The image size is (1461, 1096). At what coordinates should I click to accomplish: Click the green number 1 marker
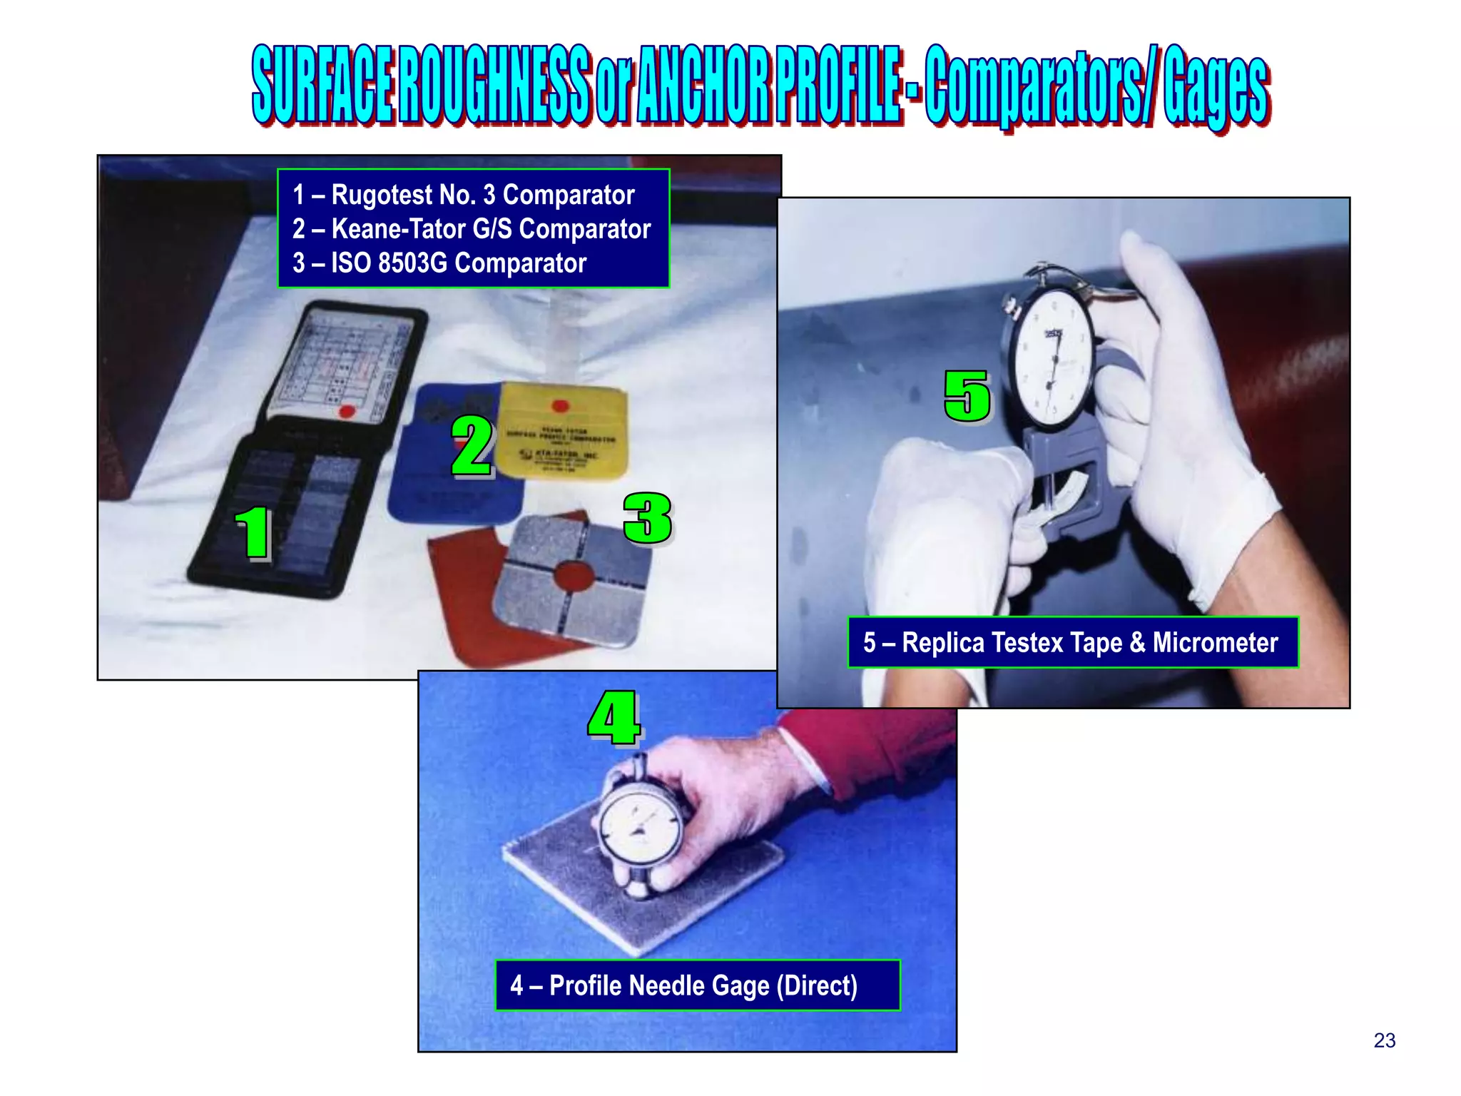[253, 533]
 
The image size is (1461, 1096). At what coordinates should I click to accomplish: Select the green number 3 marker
[647, 518]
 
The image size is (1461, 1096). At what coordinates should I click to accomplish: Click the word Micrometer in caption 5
[1215, 643]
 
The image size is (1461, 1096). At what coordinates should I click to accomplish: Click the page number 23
[1384, 1040]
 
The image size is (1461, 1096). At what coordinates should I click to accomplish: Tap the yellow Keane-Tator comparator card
[561, 432]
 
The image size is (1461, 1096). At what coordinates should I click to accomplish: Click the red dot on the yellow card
[561, 406]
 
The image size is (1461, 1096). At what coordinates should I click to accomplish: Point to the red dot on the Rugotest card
[347, 411]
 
